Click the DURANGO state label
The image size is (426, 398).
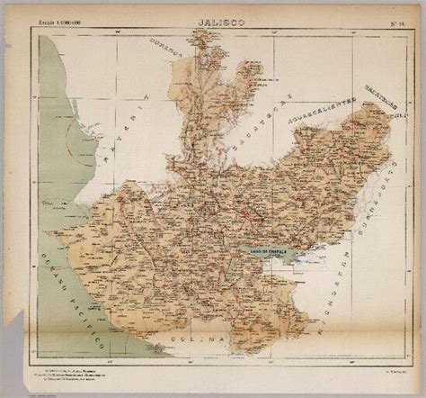tap(168, 65)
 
